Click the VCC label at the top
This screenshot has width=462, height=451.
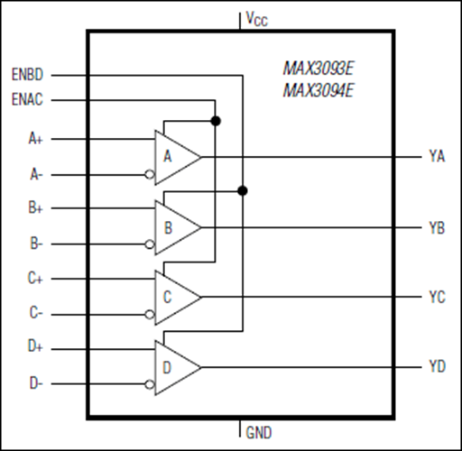257,18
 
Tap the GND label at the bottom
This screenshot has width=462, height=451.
259,433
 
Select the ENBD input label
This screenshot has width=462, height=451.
31,73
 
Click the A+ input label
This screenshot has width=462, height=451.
36,140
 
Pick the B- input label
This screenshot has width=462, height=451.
36,244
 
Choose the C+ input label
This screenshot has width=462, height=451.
36,279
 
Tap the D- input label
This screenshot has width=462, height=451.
36,383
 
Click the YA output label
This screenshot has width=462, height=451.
437,156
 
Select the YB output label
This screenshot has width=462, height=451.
437,226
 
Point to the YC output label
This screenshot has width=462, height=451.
437,296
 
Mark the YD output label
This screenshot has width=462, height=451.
437,366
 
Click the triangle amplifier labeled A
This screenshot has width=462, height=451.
173,157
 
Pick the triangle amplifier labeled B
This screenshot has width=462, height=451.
173,226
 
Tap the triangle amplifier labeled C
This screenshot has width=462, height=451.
173,296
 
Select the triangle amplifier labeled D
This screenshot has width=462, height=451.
173,366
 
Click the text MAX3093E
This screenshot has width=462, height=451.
318,68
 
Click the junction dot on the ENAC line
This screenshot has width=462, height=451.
216,120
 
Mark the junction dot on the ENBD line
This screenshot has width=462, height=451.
242,190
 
